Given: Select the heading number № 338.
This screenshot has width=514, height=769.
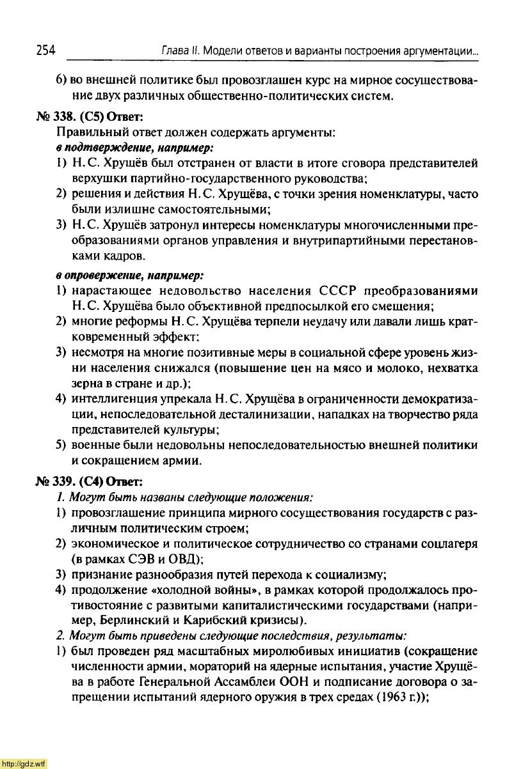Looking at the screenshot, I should tap(54, 118).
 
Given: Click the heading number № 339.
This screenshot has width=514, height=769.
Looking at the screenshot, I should tap(54, 481).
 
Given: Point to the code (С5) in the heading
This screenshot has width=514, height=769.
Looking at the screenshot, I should tap(91, 118).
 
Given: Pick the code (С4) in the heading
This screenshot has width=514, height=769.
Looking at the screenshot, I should tap(91, 481).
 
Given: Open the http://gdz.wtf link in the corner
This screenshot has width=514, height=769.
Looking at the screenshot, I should tap(24, 764).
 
